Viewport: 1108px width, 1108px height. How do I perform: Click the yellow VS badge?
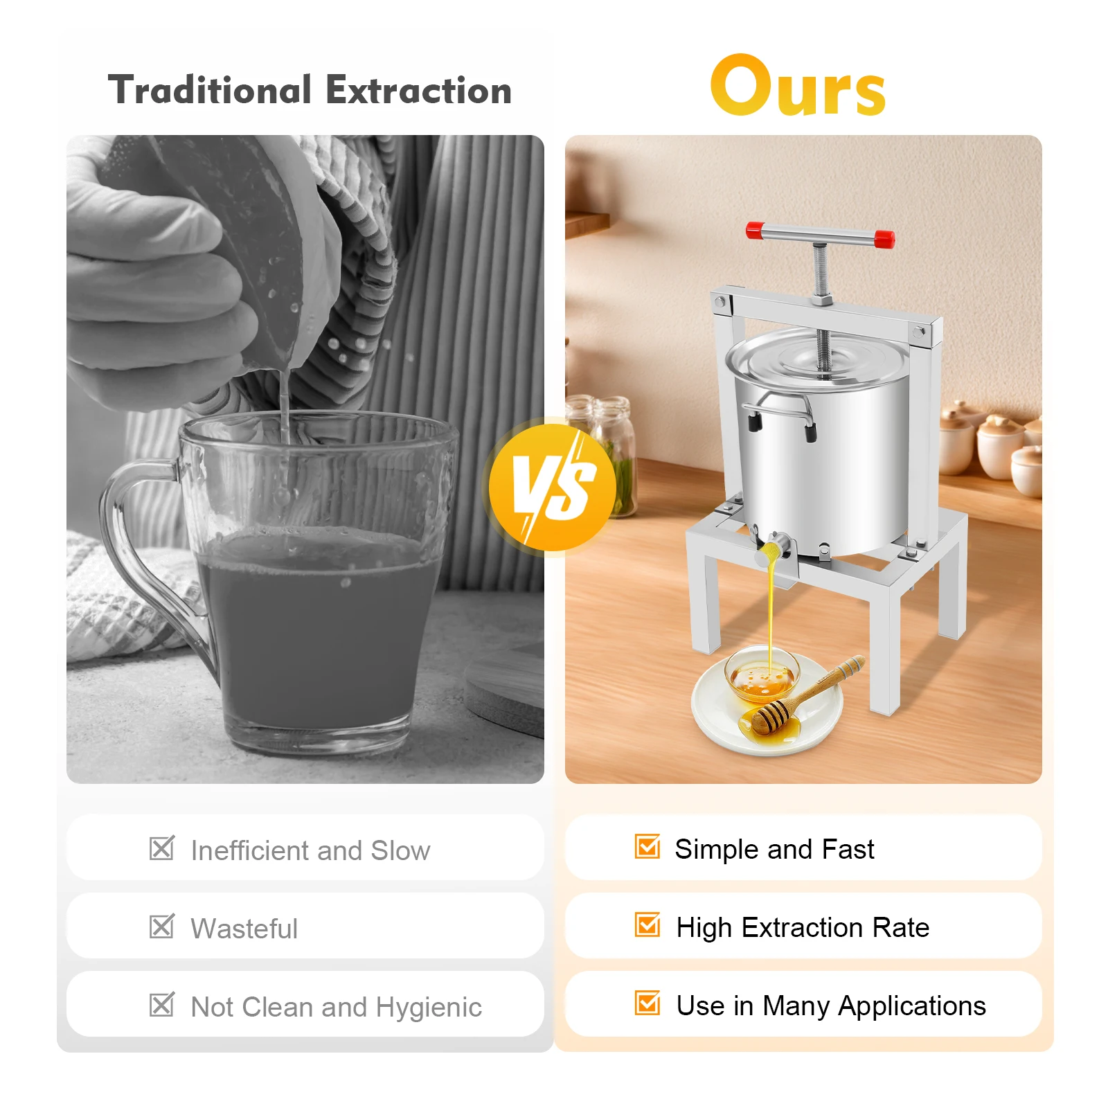(x=552, y=487)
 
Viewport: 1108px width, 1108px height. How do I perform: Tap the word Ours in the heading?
(x=798, y=87)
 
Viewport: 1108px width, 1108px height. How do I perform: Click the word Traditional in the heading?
(x=210, y=91)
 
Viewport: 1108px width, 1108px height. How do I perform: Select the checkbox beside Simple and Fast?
(x=647, y=846)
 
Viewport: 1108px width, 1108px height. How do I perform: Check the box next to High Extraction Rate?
(x=647, y=924)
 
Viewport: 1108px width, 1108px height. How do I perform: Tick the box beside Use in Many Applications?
(x=647, y=1003)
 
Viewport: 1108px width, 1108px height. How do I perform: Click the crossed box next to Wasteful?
(x=162, y=926)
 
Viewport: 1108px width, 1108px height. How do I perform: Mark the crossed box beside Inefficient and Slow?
(x=162, y=848)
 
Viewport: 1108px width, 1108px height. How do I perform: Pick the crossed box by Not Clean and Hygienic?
(x=162, y=1004)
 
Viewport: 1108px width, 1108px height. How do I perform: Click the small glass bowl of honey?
(x=762, y=674)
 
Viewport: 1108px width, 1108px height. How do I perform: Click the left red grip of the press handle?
(x=756, y=230)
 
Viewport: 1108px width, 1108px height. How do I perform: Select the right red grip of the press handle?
(x=884, y=240)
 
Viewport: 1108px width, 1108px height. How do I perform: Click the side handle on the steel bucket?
(x=779, y=415)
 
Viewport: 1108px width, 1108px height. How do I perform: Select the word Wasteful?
(x=244, y=929)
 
